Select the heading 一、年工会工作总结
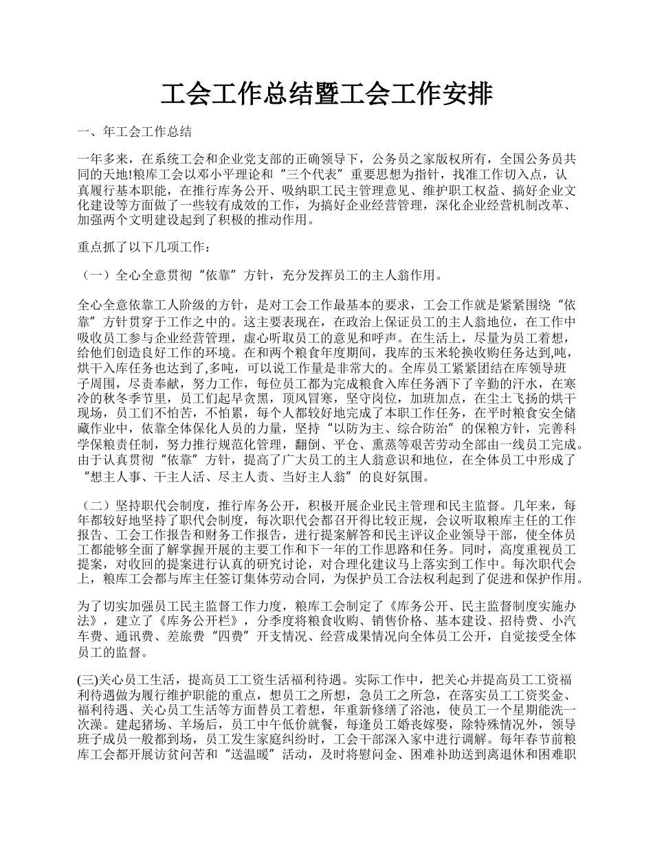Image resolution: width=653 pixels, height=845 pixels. (135, 131)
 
